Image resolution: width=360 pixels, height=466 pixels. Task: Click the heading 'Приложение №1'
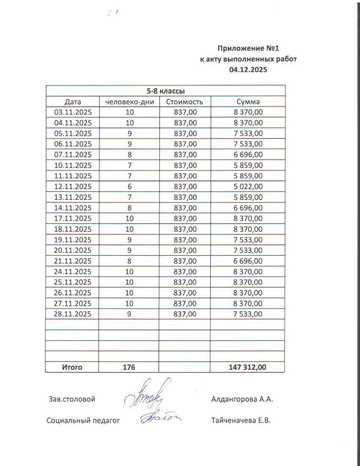[248, 49]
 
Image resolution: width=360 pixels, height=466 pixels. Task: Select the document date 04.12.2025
[248, 70]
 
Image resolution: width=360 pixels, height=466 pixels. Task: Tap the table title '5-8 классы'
[165, 91]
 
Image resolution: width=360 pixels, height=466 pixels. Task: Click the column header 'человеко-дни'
[129, 102]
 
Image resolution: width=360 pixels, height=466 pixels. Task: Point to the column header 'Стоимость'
[185, 102]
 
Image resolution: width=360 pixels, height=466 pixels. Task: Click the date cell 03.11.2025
[73, 112]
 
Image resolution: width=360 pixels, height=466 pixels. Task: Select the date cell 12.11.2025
[73, 186]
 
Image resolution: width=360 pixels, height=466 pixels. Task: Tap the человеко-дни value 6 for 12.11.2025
[129, 186]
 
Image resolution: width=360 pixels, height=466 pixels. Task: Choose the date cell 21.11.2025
[73, 261]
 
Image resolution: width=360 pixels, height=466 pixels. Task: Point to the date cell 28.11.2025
[73, 314]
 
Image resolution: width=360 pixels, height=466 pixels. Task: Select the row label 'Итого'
[72, 367]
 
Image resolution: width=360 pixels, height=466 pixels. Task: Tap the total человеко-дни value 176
[129, 367]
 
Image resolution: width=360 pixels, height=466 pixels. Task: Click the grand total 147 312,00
[248, 367]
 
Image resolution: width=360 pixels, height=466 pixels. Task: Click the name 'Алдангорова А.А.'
[242, 399]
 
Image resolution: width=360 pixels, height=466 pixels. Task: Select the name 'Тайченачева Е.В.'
[241, 421]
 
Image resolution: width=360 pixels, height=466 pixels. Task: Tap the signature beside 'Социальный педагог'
[159, 418]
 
